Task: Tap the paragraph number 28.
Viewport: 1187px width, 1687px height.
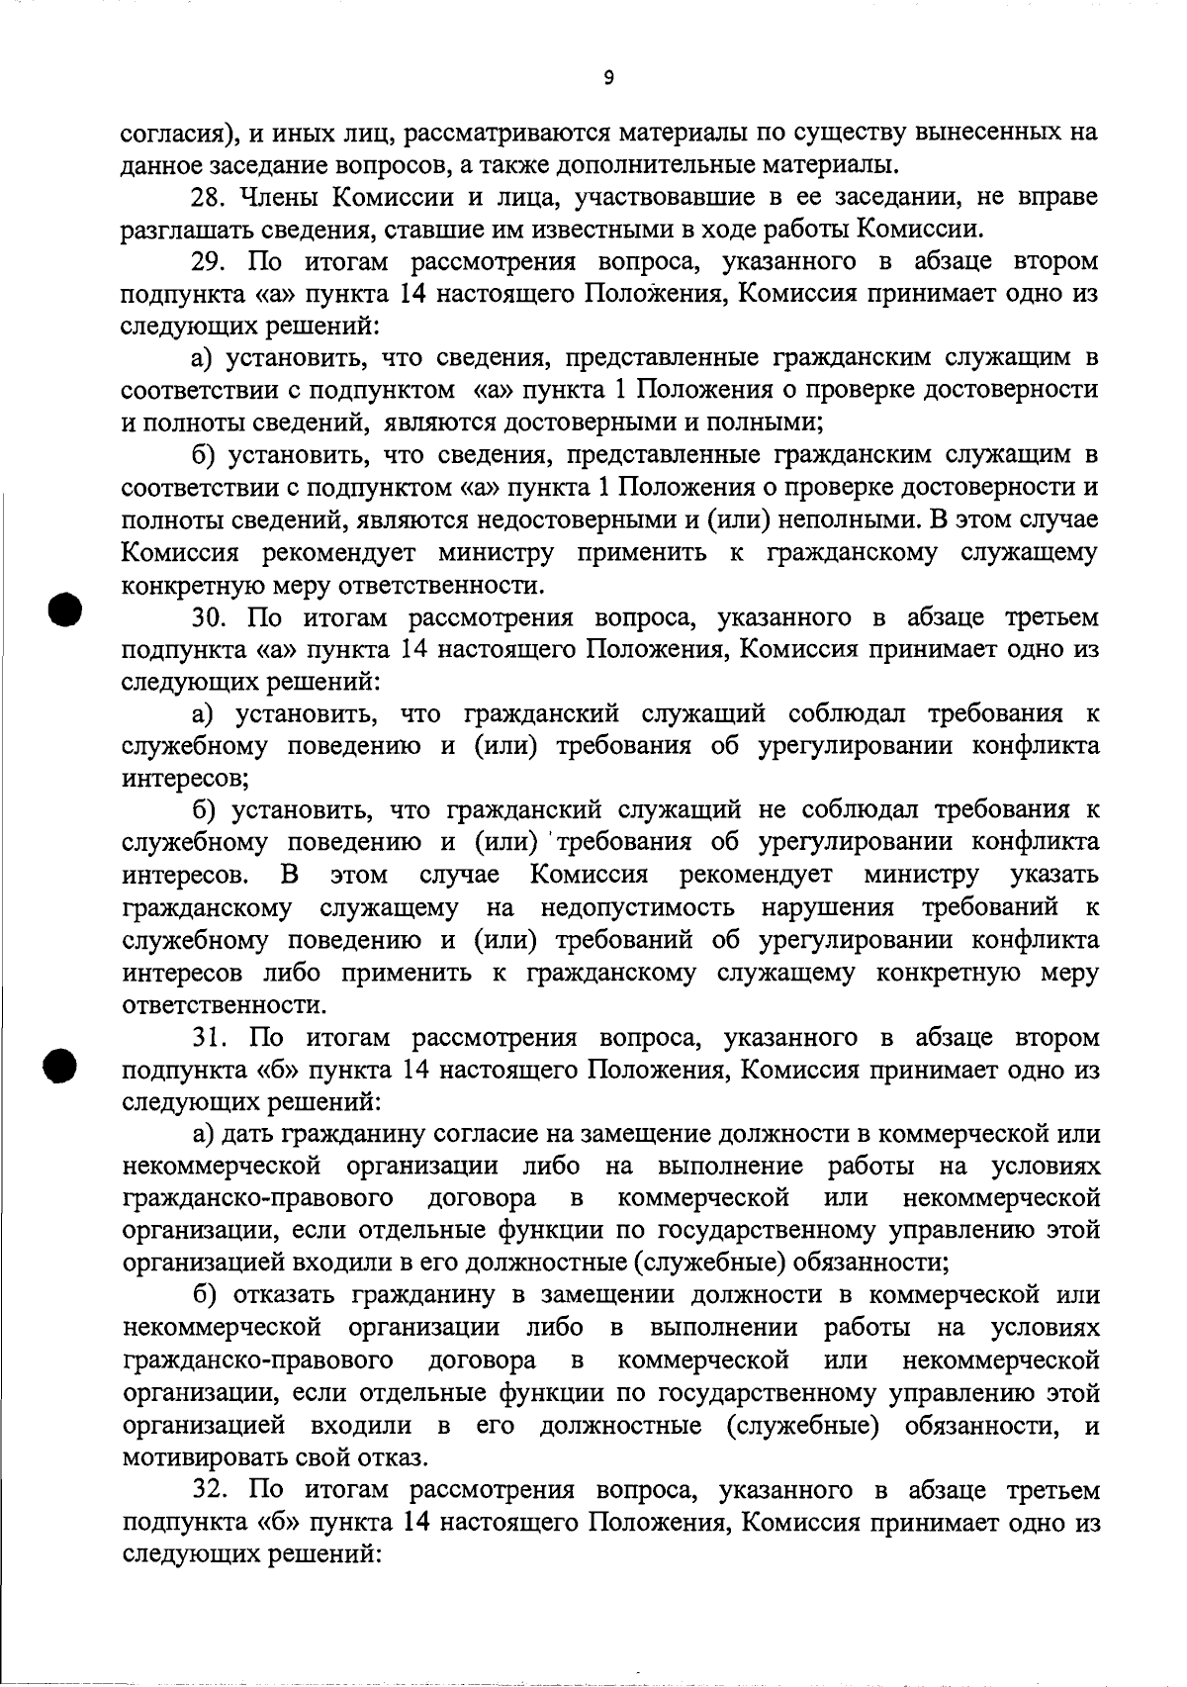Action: (209, 197)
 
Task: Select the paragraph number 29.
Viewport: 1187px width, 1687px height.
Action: (209, 262)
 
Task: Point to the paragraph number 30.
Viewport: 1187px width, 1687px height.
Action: (209, 618)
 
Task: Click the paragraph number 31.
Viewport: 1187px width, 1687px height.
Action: (209, 1038)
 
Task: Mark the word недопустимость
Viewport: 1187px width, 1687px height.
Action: (637, 908)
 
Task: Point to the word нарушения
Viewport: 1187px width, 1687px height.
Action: (827, 908)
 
